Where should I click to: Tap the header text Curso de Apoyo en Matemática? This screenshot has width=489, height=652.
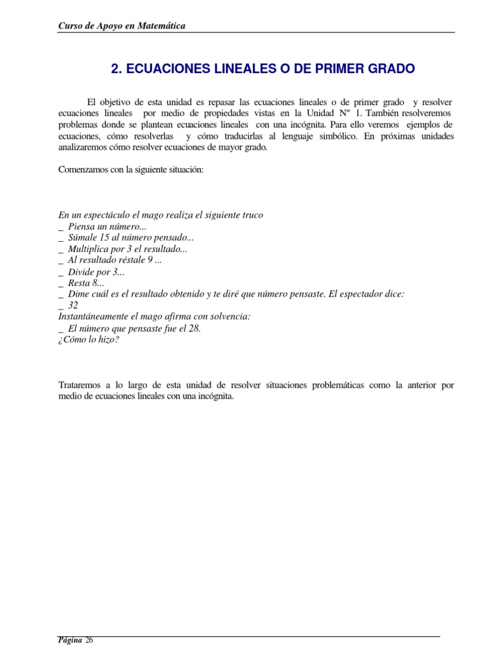[x=122, y=25]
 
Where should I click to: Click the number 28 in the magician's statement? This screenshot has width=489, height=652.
[x=195, y=328]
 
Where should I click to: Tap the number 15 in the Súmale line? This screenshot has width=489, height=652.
[x=104, y=237]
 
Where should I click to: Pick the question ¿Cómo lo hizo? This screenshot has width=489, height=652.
[x=89, y=339]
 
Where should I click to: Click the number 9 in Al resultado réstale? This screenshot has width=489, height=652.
[x=150, y=260]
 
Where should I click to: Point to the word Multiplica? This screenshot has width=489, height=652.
[x=89, y=249]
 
